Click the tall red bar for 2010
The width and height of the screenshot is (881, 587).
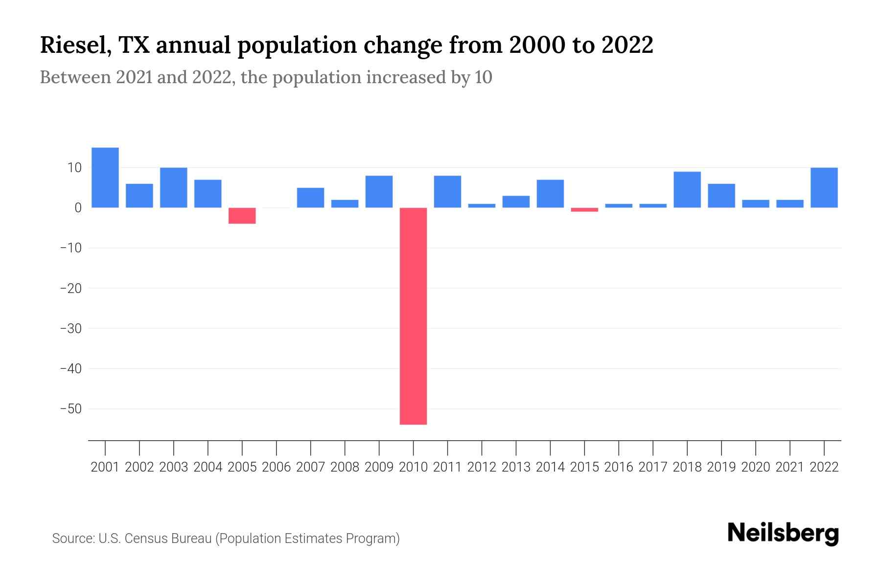(x=413, y=316)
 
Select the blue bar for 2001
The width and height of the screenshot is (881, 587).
(x=105, y=178)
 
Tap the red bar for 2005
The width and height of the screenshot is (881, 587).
(x=242, y=216)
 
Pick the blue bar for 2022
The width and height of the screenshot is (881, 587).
(x=824, y=188)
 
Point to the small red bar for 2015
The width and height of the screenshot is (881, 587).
(x=584, y=210)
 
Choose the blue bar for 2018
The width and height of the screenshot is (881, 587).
(x=687, y=190)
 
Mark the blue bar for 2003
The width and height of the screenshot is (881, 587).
(x=174, y=188)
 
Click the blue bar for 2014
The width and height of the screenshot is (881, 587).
(x=550, y=194)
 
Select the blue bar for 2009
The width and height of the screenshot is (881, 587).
(x=379, y=192)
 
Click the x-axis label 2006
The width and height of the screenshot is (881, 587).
(x=276, y=467)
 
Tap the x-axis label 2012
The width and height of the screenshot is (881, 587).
(x=482, y=467)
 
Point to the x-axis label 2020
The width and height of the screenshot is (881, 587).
(x=755, y=467)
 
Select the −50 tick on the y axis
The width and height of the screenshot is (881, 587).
(x=70, y=408)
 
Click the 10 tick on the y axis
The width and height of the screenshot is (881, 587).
(x=74, y=168)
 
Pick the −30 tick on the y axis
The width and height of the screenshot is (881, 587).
(x=70, y=328)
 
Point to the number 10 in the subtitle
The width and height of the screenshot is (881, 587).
(x=483, y=77)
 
